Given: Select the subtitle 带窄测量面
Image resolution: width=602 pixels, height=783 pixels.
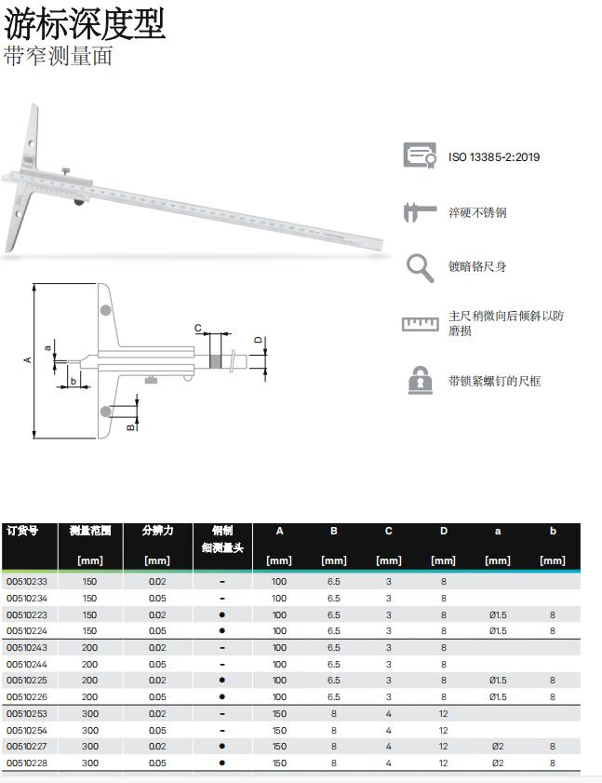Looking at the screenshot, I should [58, 56].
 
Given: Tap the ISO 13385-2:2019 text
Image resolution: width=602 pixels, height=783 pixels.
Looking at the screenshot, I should [494, 157].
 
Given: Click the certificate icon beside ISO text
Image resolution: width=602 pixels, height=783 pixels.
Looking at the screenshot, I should [420, 155].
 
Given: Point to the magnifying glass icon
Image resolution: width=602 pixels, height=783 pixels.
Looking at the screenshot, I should [420, 268].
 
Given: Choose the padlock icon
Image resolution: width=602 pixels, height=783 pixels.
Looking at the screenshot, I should [421, 381].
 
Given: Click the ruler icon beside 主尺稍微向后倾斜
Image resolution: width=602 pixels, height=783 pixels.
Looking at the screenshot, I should [420, 324].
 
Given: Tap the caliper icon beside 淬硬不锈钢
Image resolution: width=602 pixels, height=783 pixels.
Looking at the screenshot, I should [420, 212].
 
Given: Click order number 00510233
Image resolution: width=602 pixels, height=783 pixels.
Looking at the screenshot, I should [27, 582].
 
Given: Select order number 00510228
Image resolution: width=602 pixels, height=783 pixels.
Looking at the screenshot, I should [27, 763].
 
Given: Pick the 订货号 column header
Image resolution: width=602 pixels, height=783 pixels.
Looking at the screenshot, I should [22, 531].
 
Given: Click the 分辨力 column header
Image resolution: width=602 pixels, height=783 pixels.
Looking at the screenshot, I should [157, 531].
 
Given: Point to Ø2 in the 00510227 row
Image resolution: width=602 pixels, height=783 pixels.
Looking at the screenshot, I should [498, 747].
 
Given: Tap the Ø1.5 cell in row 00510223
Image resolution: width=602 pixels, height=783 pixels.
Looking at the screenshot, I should [498, 615].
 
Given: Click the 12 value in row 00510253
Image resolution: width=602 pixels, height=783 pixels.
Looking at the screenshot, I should [444, 714].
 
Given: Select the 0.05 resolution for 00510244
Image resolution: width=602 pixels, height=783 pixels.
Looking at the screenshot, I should [157, 665].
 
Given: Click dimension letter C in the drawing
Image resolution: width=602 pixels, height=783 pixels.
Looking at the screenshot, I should [198, 329].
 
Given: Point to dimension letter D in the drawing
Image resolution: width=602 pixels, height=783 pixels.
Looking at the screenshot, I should [258, 339].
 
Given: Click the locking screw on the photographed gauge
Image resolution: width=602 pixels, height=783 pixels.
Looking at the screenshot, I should [66, 169].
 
